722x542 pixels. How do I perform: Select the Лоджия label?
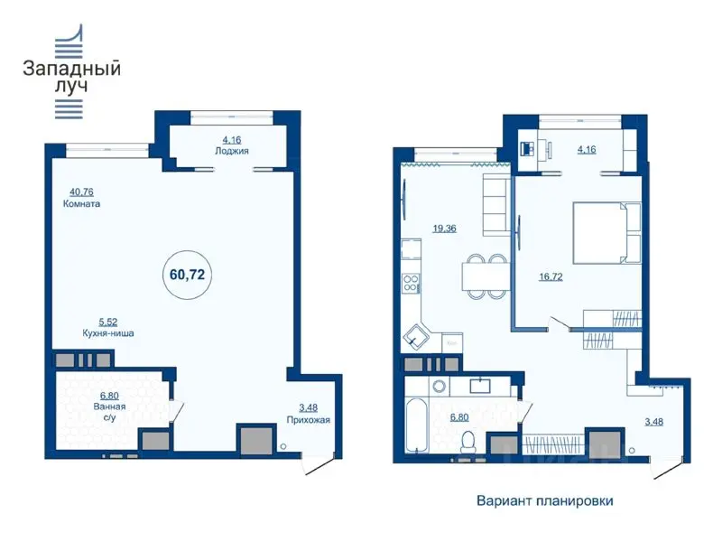click(x=230, y=152)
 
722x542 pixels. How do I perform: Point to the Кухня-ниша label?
click(x=109, y=332)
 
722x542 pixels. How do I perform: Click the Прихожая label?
click(x=310, y=420)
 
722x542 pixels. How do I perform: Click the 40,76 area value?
click(x=82, y=191)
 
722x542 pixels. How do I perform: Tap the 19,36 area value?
click(x=444, y=229)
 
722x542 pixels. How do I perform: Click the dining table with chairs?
click(x=485, y=276)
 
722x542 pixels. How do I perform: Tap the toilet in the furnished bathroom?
click(x=467, y=442)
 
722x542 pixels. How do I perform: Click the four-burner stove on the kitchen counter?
click(x=411, y=283)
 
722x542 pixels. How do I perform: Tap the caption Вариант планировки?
click(x=538, y=500)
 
